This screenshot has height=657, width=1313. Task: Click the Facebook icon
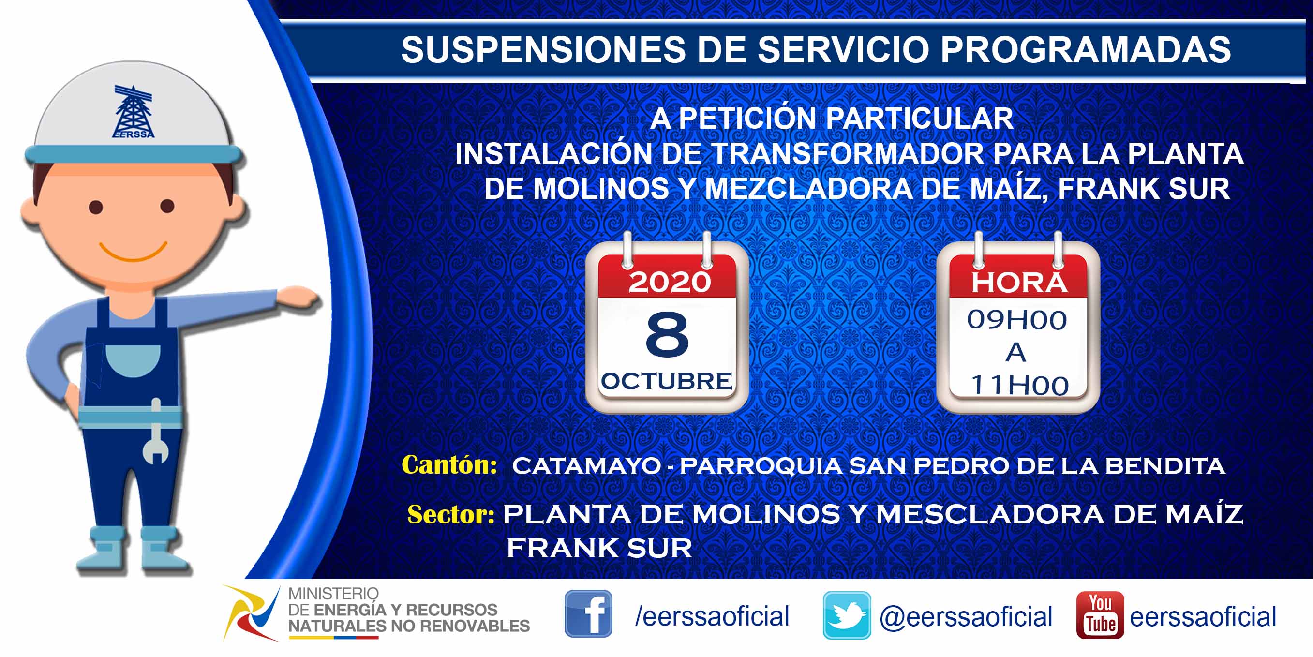[588, 613]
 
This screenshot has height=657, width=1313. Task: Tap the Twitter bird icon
[847, 615]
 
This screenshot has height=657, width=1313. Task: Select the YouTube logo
[1100, 615]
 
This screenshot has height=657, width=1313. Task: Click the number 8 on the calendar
[667, 334]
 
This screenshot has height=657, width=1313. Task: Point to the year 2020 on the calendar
[669, 282]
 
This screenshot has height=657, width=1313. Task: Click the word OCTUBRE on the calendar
[667, 381]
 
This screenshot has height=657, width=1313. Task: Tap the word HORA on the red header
[1019, 283]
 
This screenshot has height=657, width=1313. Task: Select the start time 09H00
[1017, 320]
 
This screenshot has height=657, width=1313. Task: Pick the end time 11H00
[1020, 385]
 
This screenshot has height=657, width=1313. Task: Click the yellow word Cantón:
[449, 465]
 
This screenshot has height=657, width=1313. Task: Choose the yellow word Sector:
[450, 514]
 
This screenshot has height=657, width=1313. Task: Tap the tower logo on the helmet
[133, 112]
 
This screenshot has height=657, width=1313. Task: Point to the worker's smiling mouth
[133, 250]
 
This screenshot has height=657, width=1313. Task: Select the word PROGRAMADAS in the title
[1086, 49]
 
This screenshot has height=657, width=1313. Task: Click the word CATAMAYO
[586, 466]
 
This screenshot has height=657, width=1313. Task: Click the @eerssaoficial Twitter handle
[966, 617]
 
